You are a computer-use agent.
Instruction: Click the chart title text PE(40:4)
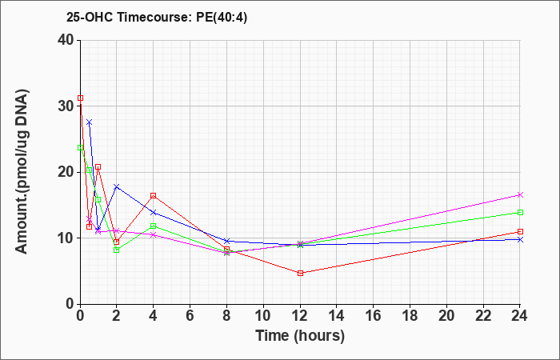(x=222, y=18)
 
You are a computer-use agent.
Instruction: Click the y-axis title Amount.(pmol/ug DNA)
(x=22, y=172)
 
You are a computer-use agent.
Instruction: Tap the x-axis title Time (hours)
(x=300, y=336)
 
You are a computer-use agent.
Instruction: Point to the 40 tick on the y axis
(x=66, y=40)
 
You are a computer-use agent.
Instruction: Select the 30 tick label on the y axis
(x=66, y=106)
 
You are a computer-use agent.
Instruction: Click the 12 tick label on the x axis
(x=300, y=316)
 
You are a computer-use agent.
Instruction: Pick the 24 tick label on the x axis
(x=520, y=316)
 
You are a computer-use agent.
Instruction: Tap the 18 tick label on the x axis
(x=410, y=316)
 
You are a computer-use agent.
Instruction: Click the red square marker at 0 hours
(x=80, y=98)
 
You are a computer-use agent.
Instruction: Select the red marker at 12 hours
(x=300, y=274)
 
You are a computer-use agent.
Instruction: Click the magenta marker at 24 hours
(x=520, y=194)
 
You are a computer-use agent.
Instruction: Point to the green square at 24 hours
(x=520, y=213)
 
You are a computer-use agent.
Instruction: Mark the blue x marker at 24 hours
(x=520, y=240)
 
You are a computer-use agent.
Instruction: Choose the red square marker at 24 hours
(x=520, y=231)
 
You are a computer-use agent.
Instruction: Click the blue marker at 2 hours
(x=117, y=186)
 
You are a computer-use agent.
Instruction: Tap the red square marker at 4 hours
(x=154, y=195)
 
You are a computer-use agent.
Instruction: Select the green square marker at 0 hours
(x=80, y=147)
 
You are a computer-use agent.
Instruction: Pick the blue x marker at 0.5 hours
(x=90, y=122)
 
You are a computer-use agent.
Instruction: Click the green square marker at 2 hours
(x=117, y=250)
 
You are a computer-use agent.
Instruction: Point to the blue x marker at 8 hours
(x=226, y=241)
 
